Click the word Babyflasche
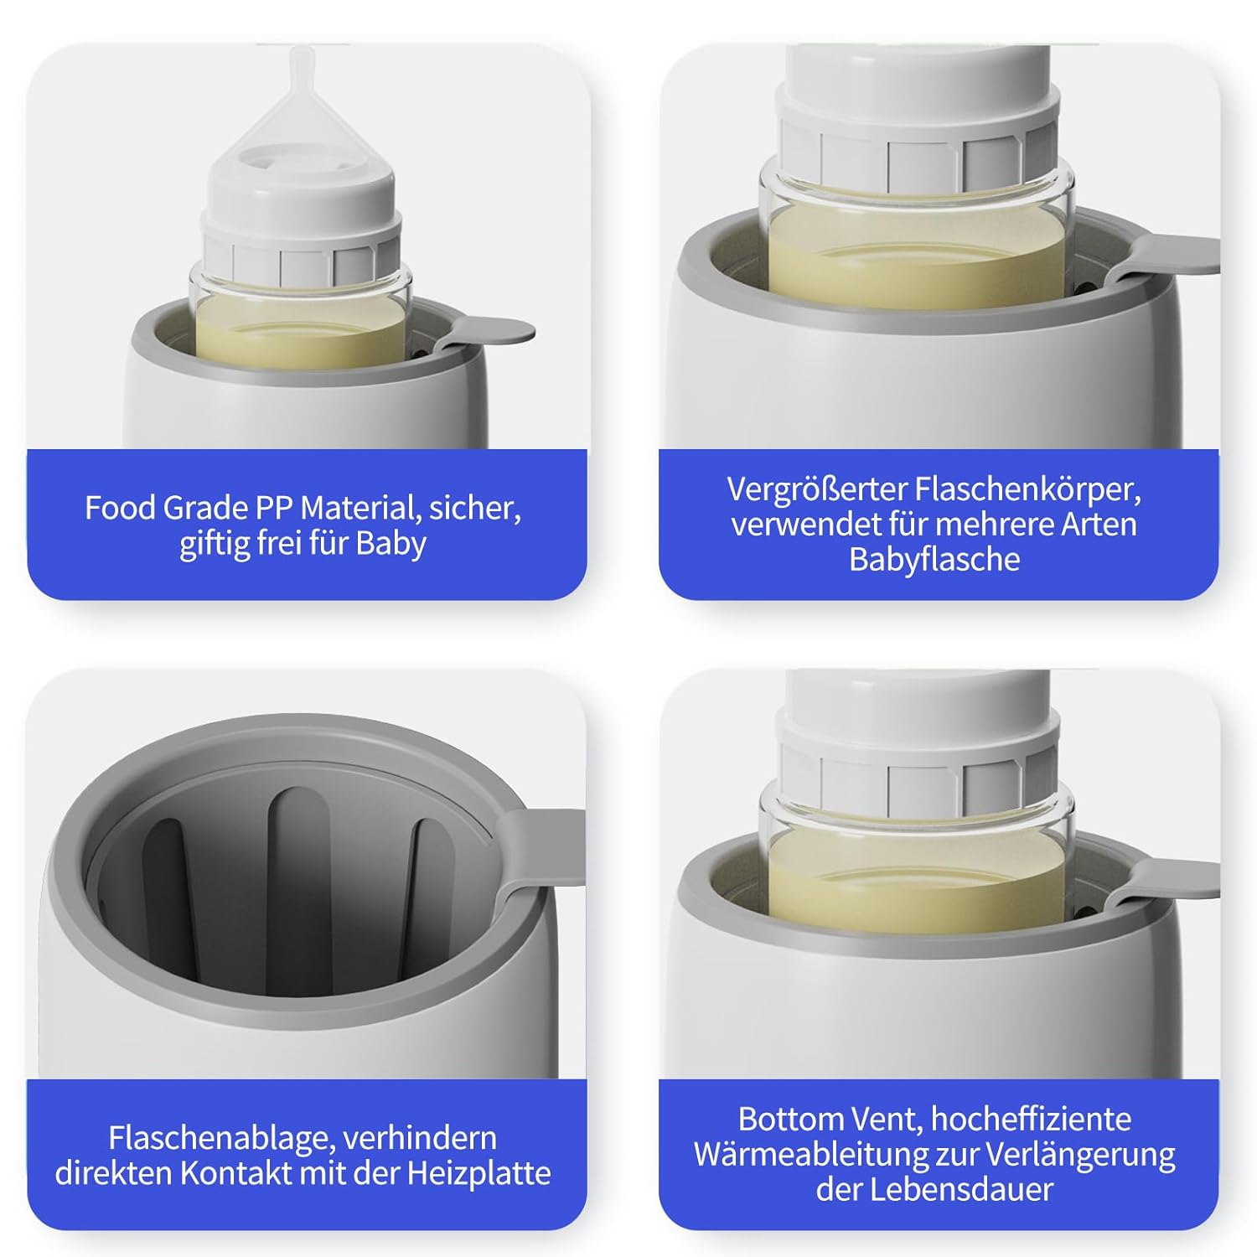[934, 559]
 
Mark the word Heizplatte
[479, 1173]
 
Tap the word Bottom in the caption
[789, 1119]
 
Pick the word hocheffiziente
[1031, 1119]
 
